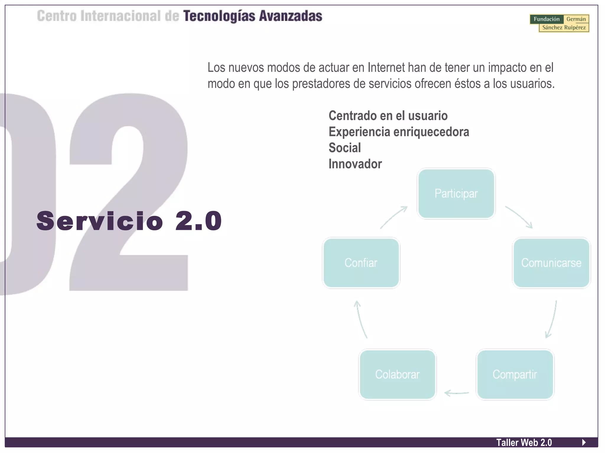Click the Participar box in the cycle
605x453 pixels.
(x=456, y=193)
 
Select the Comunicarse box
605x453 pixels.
(x=551, y=263)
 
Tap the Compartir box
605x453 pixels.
(x=515, y=374)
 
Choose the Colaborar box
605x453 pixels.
(x=397, y=374)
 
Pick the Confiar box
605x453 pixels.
(x=361, y=263)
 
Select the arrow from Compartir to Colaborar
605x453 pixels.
(x=456, y=393)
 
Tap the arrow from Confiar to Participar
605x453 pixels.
(x=393, y=217)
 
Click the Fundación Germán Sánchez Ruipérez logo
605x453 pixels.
(x=559, y=23)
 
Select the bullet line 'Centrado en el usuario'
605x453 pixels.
(x=388, y=116)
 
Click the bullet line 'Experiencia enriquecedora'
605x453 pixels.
(x=399, y=132)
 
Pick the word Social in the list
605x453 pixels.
(x=345, y=148)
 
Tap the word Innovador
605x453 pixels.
(x=355, y=164)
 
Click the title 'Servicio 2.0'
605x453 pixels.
(x=129, y=221)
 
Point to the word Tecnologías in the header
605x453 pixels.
(x=219, y=16)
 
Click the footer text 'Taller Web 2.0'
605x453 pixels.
(x=524, y=442)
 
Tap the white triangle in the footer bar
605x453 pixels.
(x=584, y=442)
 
